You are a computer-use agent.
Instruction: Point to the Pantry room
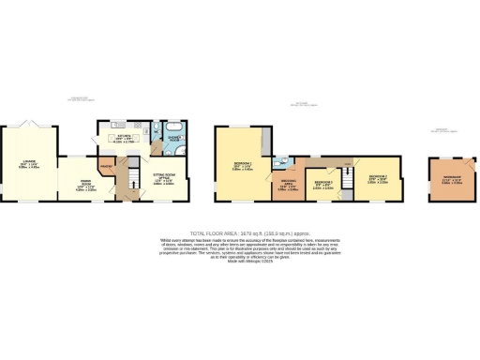point(106,168)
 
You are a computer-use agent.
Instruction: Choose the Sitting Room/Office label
point(163,181)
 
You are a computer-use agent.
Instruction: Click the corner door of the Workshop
point(436,163)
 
